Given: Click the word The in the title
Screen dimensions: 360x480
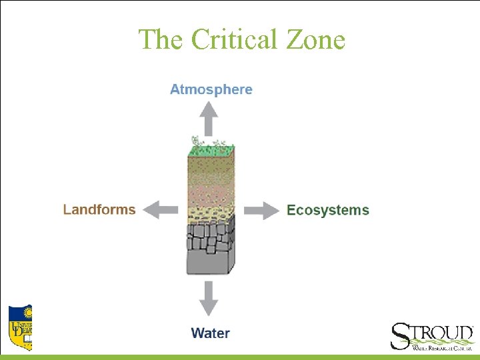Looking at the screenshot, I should point(161,39).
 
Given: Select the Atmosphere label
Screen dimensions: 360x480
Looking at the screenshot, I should point(211,89).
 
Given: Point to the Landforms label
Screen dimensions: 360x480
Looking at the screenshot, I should point(99,209).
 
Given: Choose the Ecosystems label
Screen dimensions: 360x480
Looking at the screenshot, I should point(327,210).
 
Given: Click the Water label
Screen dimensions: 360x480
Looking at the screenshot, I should point(210,333).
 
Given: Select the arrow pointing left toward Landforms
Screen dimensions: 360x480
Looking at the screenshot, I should point(161,210).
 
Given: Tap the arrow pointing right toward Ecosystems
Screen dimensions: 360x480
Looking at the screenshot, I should point(261,210).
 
